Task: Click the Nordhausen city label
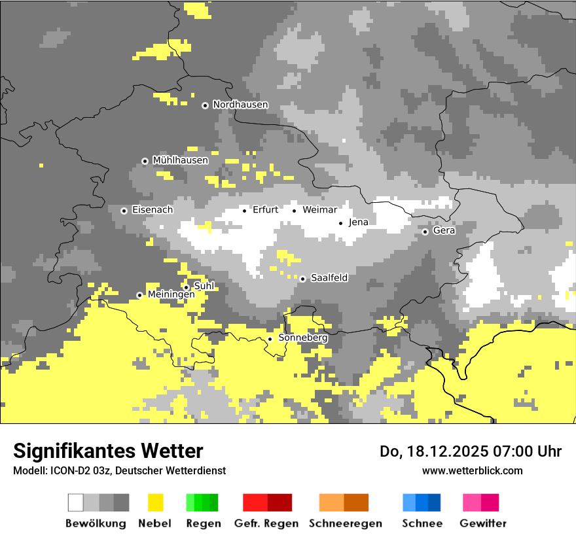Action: point(240,105)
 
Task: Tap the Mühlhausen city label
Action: point(180,160)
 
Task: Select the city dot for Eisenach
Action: point(124,211)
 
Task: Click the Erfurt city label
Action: point(265,210)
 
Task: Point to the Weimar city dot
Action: point(294,211)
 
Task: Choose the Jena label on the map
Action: point(358,222)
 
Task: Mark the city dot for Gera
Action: point(425,232)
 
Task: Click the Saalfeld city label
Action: point(329,278)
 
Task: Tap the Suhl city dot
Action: point(186,287)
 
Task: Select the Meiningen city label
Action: point(171,295)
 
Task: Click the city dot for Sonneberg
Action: point(270,339)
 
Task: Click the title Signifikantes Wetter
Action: point(108,451)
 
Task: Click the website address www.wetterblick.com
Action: point(472,470)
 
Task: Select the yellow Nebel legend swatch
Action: point(155,502)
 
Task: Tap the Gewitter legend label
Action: point(482,523)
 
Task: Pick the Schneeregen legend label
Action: point(345,523)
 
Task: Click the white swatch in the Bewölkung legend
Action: point(76,502)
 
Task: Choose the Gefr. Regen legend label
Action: point(266,523)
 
